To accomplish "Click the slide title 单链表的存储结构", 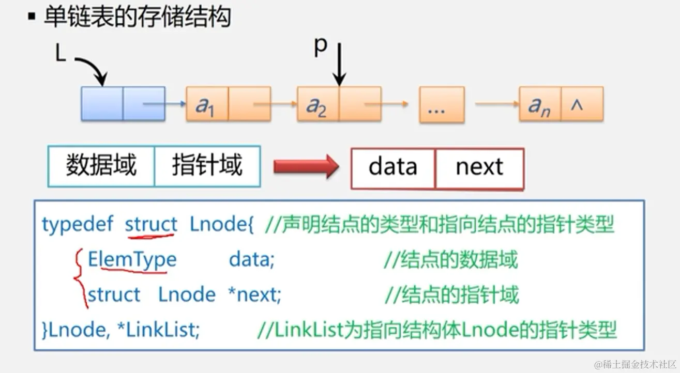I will click(x=137, y=18).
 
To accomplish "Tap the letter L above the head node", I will click(x=61, y=54).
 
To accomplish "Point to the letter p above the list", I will click(x=321, y=46).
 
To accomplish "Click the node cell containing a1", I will click(x=207, y=104).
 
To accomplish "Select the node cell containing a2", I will click(x=318, y=104).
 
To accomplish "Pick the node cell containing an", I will click(x=540, y=104).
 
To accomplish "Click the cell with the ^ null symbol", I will click(x=582, y=104).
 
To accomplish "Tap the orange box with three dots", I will click(x=441, y=104).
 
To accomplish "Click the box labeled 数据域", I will click(x=101, y=166).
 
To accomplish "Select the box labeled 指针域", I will click(x=207, y=166).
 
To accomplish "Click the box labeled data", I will click(x=393, y=167).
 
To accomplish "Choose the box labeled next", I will click(x=479, y=167).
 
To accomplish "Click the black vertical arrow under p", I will click(x=339, y=65).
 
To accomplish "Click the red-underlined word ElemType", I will click(x=132, y=259).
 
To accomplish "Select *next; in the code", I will click(x=254, y=294).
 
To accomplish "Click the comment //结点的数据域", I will click(x=450, y=260).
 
